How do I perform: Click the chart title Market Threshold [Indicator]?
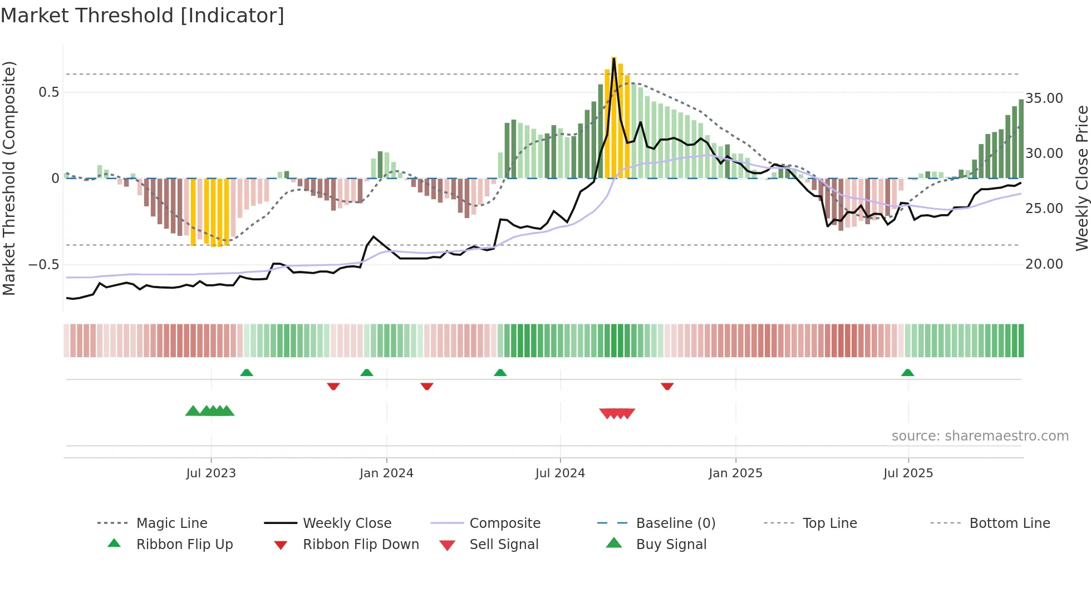(142, 16)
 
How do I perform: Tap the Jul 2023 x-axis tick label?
(211, 473)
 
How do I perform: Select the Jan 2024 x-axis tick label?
(386, 473)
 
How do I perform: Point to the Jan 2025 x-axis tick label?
(735, 473)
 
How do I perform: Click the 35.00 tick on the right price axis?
(1044, 98)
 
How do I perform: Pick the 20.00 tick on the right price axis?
(1044, 264)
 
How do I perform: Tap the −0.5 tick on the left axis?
(44, 265)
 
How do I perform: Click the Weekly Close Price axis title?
(1082, 178)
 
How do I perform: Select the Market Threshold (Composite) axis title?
(9, 178)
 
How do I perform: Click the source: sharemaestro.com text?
(980, 436)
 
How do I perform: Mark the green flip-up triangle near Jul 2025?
(907, 373)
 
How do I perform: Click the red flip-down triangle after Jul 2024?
(667, 386)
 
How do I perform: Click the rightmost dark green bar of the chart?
(1021, 139)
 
